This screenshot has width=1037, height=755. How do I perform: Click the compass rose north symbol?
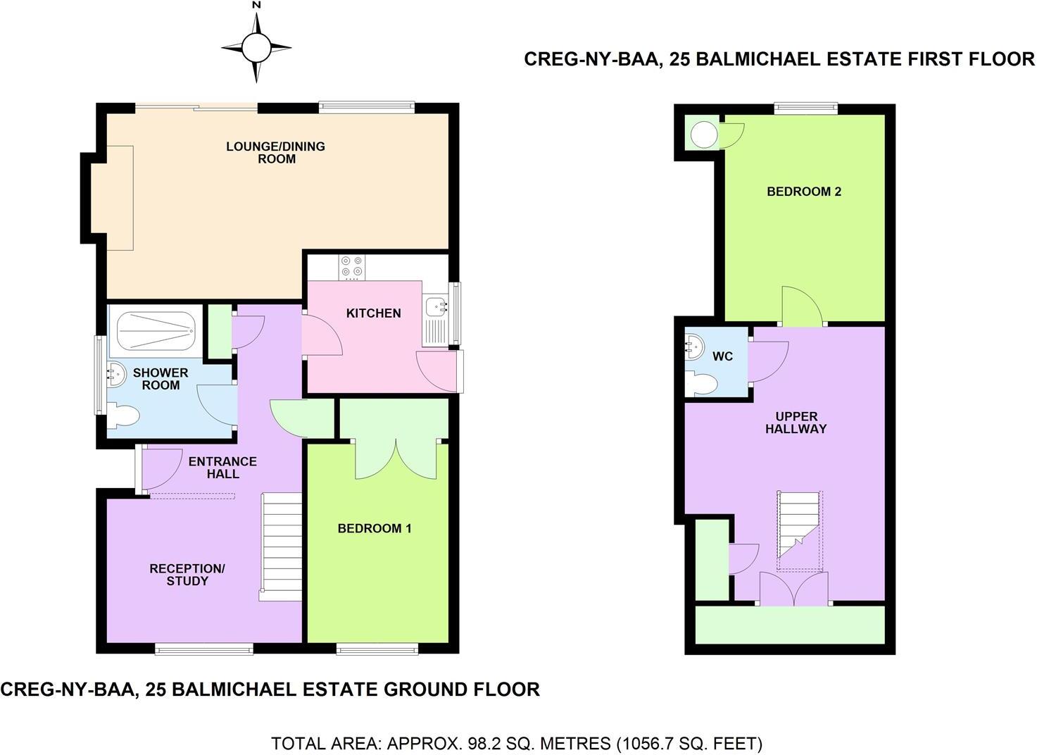(256, 47)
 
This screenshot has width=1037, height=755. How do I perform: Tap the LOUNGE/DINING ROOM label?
(275, 153)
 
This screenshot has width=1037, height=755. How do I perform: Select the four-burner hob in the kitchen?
(351, 267)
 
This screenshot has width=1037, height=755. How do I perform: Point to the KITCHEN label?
(373, 313)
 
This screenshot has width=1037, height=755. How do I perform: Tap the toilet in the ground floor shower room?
(123, 416)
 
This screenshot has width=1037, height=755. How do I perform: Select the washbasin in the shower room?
(115, 374)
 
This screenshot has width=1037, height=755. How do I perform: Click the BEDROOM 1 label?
(374, 529)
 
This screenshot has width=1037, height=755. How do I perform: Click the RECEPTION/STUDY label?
(187, 575)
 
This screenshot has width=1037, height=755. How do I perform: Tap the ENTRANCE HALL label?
(222, 468)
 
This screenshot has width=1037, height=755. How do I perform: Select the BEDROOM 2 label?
(804, 192)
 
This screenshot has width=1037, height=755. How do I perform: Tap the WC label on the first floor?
(722, 356)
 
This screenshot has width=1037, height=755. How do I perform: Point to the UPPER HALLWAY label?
(796, 423)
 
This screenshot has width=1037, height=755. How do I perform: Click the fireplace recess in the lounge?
(119, 197)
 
